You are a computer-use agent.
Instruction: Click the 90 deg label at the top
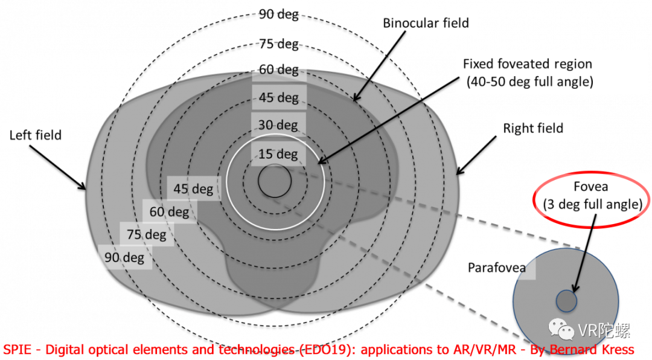278,14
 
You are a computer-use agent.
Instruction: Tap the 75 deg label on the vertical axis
278,43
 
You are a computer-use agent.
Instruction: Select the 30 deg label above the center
278,125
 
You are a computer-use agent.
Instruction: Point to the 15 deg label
278,154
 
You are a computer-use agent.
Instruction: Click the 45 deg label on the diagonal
193,189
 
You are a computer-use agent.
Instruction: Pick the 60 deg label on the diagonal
169,212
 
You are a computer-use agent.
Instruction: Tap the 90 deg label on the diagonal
124,258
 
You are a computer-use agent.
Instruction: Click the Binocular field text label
426,23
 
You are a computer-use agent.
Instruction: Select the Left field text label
36,135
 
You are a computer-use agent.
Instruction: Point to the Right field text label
533,128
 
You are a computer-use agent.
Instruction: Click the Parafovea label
496,268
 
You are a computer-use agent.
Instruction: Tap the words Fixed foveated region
528,64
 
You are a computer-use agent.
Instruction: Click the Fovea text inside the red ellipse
591,187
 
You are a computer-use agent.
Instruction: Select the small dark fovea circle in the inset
566,301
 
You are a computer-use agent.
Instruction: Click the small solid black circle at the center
275,181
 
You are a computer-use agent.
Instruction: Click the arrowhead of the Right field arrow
459,171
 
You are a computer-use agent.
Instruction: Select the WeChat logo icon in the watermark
561,329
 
